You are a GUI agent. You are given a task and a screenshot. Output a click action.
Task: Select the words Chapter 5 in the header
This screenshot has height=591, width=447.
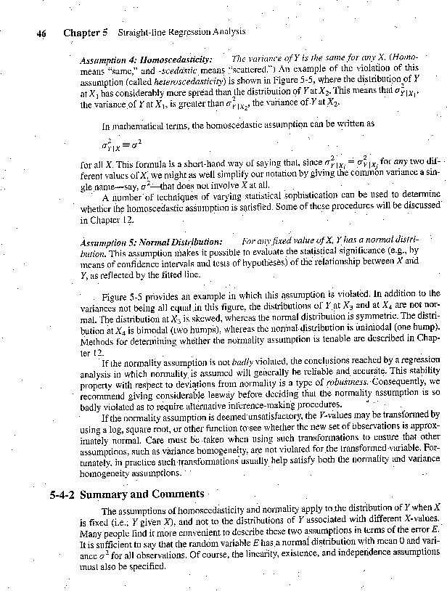[x=85, y=33]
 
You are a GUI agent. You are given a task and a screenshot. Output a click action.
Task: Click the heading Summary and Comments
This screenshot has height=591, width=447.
[x=145, y=495]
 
